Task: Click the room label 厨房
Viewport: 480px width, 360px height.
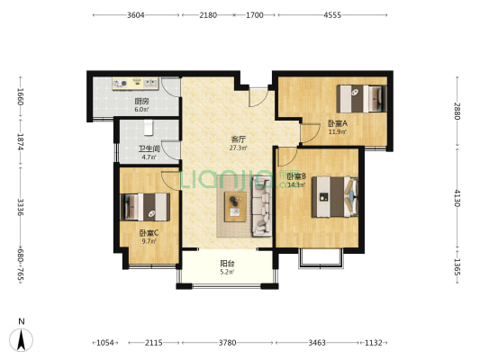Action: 141,102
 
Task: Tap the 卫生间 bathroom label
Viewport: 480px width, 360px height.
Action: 149,149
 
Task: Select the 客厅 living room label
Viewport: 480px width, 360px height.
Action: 239,139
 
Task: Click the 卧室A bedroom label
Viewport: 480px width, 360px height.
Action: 338,123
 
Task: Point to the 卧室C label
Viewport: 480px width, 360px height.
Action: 149,234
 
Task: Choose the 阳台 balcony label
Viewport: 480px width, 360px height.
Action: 229,264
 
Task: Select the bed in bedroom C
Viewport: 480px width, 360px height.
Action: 145,209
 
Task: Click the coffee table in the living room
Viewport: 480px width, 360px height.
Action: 236,206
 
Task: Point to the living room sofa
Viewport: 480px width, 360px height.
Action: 264,204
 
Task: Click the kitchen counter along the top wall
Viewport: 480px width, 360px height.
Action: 135,85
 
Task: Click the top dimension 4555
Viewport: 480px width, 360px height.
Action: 331,15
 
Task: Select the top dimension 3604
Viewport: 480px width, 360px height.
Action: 136,15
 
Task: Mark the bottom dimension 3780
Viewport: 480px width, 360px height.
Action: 228,343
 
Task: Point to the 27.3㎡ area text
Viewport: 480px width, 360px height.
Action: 239,148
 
